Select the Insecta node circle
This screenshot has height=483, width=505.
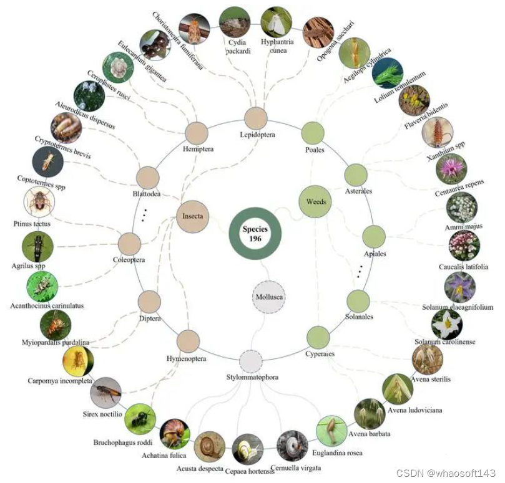click(x=192, y=216)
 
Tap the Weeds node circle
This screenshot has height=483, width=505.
click(x=316, y=201)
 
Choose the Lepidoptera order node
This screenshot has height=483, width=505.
click(x=255, y=118)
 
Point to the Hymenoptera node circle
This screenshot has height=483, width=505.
click(x=188, y=342)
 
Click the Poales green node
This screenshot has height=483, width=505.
click(x=313, y=133)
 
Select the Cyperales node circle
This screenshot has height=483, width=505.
click(x=318, y=337)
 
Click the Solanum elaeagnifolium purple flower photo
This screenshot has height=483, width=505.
click(x=460, y=287)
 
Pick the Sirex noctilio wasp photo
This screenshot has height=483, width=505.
click(x=105, y=393)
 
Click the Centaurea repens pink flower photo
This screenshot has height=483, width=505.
click(x=451, y=169)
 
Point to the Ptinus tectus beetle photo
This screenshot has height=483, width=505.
click(x=39, y=203)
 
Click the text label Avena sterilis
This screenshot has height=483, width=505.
click(x=430, y=379)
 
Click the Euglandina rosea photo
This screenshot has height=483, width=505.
click(x=331, y=430)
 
